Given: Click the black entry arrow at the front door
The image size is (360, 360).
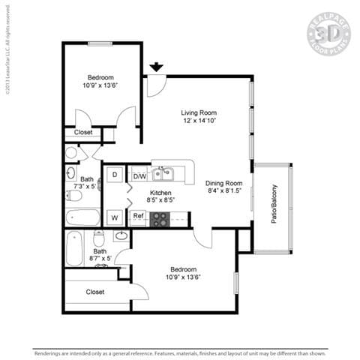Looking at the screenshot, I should [156, 67].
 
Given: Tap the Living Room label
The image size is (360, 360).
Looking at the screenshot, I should [204, 112].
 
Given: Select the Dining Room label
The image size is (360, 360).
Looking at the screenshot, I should [223, 183].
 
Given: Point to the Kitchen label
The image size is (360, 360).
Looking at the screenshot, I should [161, 193].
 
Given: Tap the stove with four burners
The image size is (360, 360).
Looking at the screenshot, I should [160, 218].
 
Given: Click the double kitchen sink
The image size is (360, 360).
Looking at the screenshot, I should [163, 175].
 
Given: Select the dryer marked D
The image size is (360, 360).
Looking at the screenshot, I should [115, 175].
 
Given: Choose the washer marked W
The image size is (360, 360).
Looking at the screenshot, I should [115, 217].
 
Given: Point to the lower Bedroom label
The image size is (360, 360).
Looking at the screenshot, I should [183, 269].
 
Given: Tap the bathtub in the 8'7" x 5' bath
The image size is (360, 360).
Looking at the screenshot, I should [73, 248].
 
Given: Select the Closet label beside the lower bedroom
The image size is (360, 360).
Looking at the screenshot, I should [95, 292].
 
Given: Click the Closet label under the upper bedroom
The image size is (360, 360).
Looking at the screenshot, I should [83, 133].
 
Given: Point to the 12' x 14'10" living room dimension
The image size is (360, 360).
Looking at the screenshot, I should [204, 121].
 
